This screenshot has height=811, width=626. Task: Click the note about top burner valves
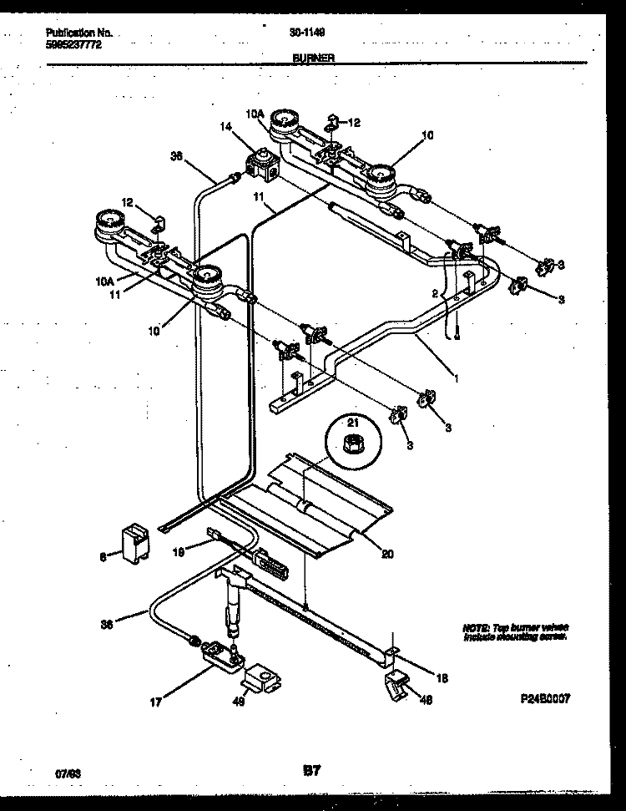pos(515,631)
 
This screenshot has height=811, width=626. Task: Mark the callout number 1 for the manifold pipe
pos(456,378)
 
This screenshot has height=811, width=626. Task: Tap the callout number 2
pos(435,293)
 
